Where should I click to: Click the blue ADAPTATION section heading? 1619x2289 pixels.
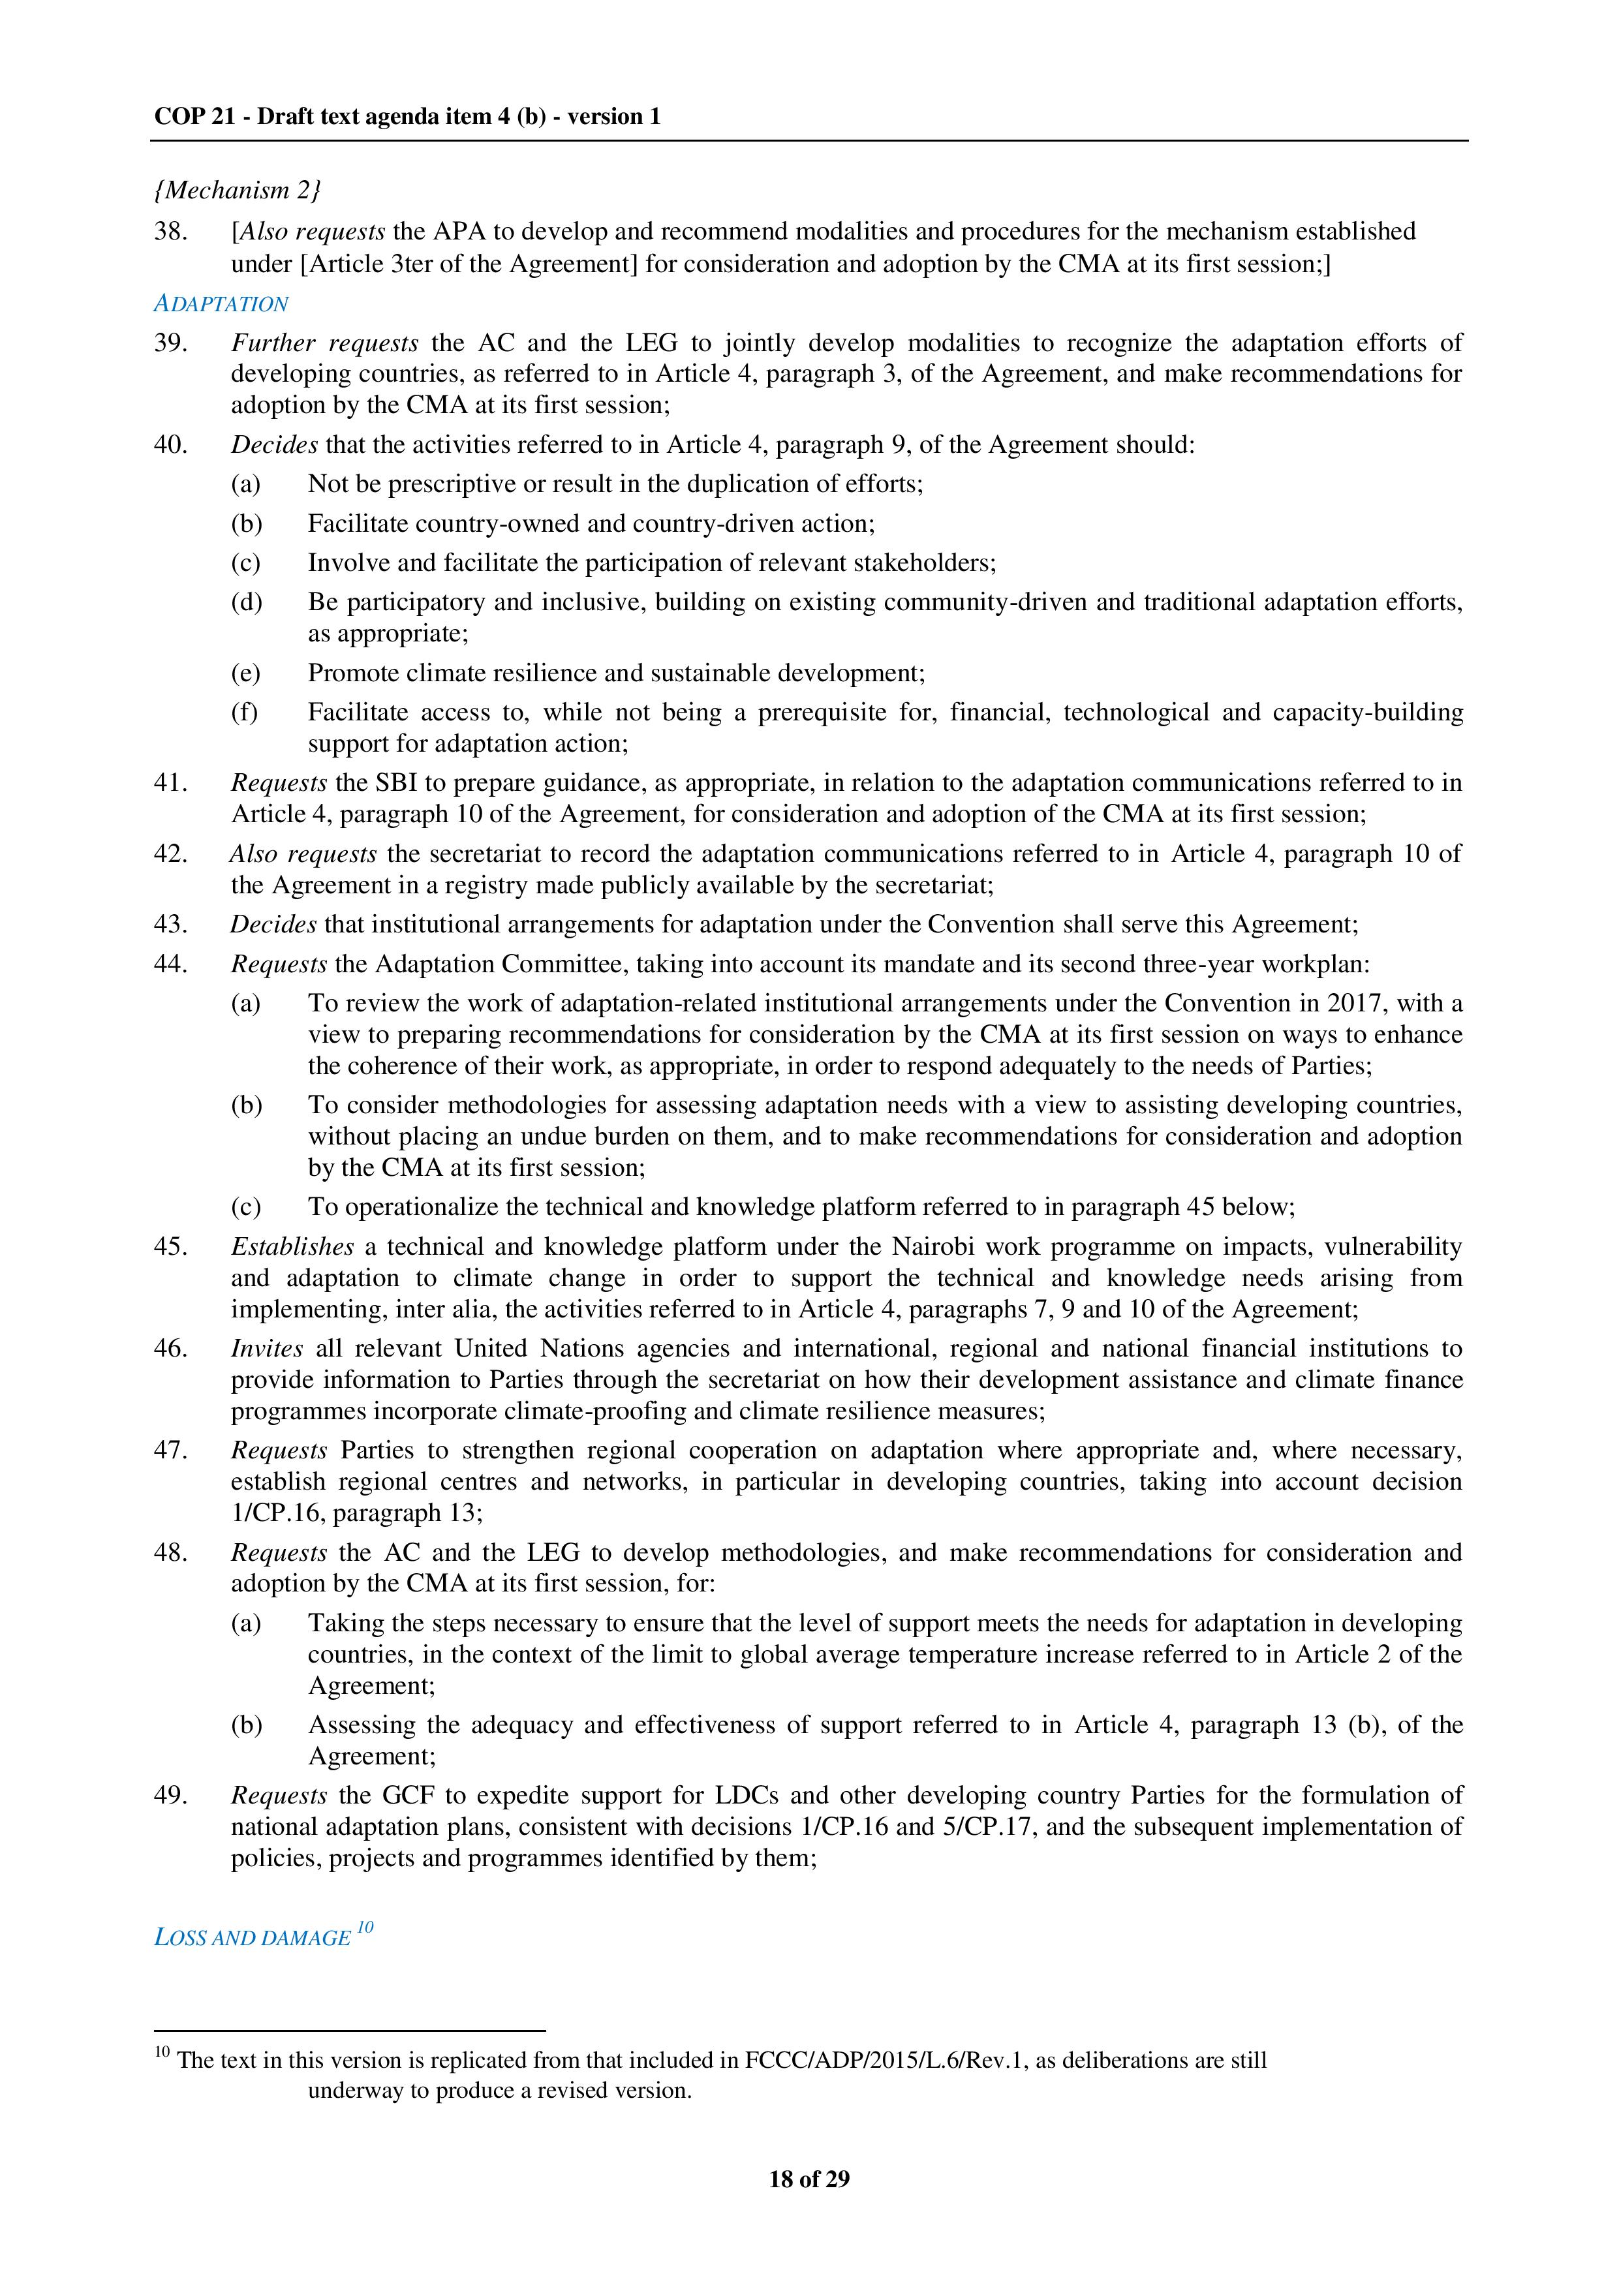(x=221, y=304)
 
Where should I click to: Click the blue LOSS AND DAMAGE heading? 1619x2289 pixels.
(x=253, y=1937)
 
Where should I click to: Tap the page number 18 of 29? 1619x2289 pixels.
(x=809, y=2178)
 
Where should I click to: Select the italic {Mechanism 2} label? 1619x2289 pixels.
(x=238, y=189)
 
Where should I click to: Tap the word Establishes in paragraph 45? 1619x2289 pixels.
(x=292, y=1246)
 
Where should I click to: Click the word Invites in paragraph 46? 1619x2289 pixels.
(x=266, y=1348)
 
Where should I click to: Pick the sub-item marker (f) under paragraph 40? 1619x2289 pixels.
(x=245, y=712)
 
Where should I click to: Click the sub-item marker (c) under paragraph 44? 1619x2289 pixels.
(x=245, y=1206)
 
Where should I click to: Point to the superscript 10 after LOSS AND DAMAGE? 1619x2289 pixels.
(x=365, y=1927)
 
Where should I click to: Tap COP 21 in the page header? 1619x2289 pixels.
(x=195, y=117)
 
